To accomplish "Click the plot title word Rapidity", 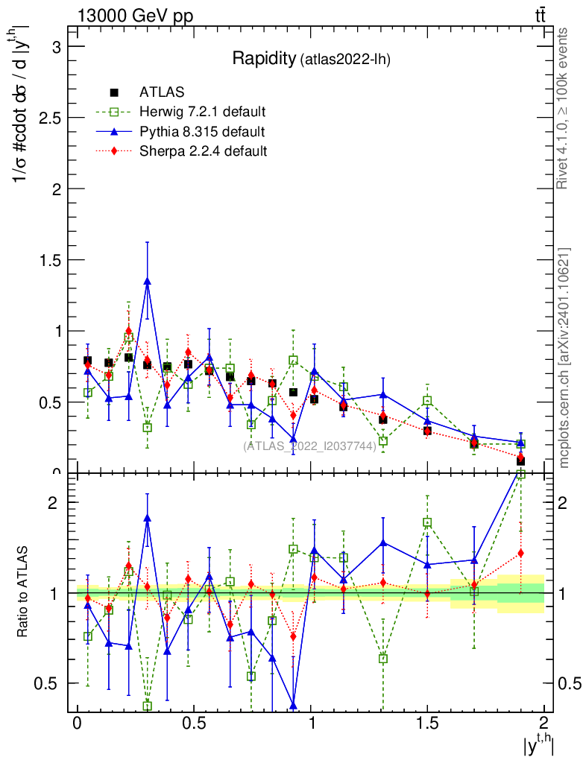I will (x=264, y=59).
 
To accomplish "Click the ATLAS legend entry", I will (x=157, y=93).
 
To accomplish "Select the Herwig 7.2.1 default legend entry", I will (x=202, y=113).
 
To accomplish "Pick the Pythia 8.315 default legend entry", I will (x=202, y=132).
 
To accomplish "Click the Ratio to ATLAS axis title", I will (x=24, y=593).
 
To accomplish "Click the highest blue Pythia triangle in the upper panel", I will (x=148, y=281).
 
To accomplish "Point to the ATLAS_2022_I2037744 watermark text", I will (x=309, y=446).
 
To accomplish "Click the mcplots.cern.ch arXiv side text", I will (x=564, y=358).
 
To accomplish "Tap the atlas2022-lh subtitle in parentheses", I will (x=345, y=60).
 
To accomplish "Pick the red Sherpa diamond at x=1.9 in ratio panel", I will (x=520, y=553).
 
